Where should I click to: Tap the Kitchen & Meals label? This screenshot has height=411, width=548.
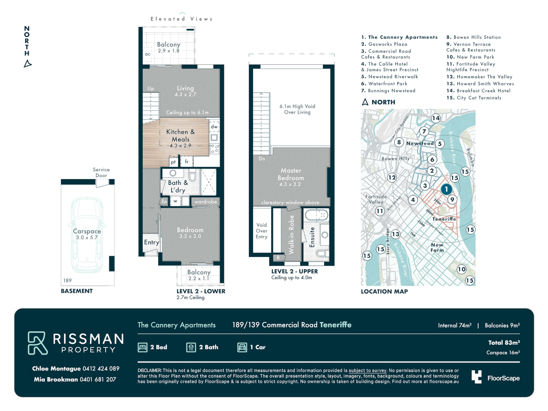coord(180,135)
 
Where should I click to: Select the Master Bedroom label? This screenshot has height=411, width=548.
coord(291,174)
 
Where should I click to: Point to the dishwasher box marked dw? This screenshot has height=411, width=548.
coord(214,127)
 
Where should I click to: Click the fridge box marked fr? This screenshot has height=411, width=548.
coord(186,162)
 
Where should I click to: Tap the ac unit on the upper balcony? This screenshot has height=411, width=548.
coord(148,54)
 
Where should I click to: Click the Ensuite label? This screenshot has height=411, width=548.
coord(312,237)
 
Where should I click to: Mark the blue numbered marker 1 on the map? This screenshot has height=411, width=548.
coord(446,189)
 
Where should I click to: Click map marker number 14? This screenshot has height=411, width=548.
coord(436,118)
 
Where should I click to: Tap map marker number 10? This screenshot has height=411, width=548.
coord(462,269)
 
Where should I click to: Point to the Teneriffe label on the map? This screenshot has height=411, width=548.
coord(444,219)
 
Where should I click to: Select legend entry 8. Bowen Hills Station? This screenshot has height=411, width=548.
coord(474,37)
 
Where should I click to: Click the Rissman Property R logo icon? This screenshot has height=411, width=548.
coord(37,343)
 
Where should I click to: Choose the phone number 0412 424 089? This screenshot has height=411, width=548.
coord(101,368)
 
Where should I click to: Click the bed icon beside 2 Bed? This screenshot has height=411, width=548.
coord(143,347)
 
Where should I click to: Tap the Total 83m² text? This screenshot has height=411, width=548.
coord(504,342)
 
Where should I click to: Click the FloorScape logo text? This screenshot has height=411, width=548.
coord(503,378)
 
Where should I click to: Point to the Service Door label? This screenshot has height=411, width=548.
coord(101,172)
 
